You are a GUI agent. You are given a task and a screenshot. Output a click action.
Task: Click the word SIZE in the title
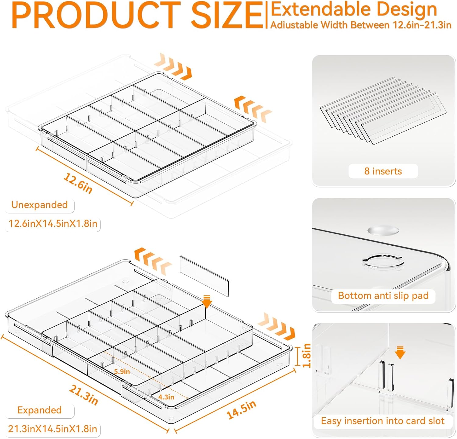pyautogui.click(x=227, y=15)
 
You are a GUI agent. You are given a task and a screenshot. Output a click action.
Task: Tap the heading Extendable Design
pyautogui.click(x=353, y=10)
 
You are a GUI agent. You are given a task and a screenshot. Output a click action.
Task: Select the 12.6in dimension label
pyautogui.click(x=78, y=183)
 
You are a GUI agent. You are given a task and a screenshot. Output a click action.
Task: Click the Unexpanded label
pyautogui.click(x=40, y=205)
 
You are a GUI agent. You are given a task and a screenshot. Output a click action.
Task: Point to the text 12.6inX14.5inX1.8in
pyautogui.click(x=53, y=224)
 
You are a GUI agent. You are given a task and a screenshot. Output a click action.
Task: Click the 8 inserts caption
pyautogui.click(x=383, y=171)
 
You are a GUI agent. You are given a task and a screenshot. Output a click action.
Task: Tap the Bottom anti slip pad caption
pyautogui.click(x=383, y=296)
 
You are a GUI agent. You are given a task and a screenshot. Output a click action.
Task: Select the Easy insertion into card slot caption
pyautogui.click(x=383, y=421)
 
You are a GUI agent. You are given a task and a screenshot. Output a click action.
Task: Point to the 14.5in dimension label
pyautogui.click(x=241, y=410)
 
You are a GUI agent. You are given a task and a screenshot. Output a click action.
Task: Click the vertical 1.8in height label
pyautogui.click(x=306, y=355)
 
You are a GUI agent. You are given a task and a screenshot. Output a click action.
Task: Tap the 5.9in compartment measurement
pyautogui.click(x=122, y=372)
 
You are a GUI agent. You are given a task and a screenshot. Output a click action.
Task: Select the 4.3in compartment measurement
pyautogui.click(x=166, y=397)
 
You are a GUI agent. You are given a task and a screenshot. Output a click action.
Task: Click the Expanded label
pyautogui.click(x=40, y=410)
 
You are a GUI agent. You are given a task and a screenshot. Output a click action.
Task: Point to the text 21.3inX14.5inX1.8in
pyautogui.click(x=53, y=429)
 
